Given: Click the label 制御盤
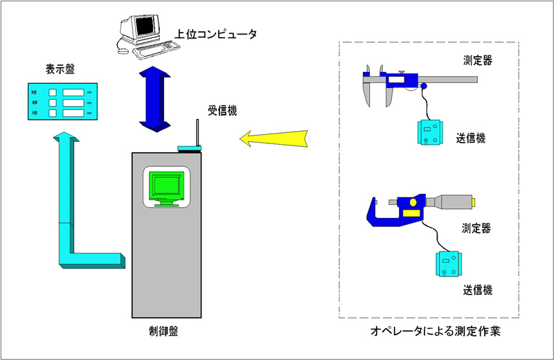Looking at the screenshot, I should coord(164,331).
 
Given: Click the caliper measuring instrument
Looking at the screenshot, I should coord(415,78).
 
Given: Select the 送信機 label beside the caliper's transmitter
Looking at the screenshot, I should coord(472,138).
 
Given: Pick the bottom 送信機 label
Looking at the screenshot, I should coord(477,289).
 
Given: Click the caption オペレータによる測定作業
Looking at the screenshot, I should coord(435,332).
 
